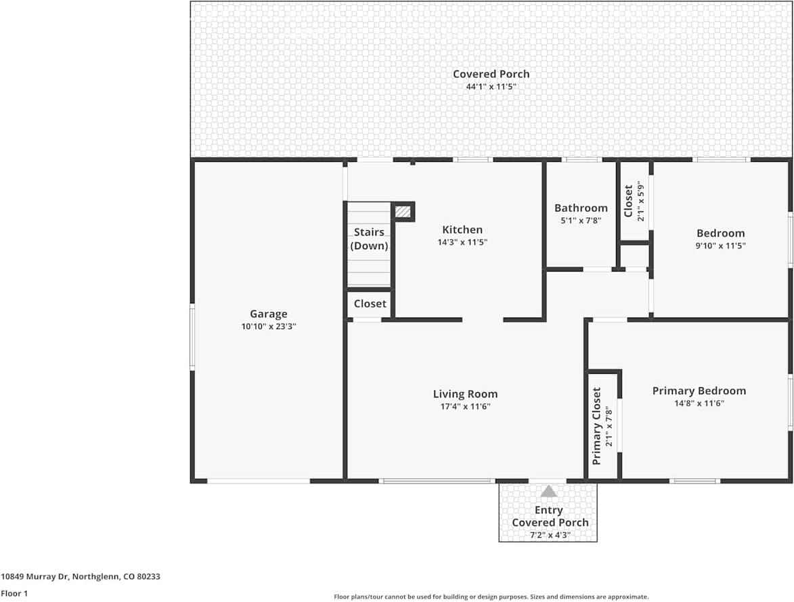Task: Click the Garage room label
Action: pos(269,314)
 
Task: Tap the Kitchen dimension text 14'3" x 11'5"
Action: pos(462,242)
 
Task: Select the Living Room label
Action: pos(465,394)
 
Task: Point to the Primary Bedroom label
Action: pos(699,391)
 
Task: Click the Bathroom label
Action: pos(581,208)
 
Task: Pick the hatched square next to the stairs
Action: pos(403,212)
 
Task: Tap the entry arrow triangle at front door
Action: pos(548,492)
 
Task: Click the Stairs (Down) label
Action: pos(369,239)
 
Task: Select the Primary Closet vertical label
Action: pos(597,426)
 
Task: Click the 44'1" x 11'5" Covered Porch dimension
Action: pos(491,87)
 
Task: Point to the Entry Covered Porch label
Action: pos(549,516)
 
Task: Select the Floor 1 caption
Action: pos(14,593)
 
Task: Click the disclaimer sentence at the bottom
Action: pos(491,597)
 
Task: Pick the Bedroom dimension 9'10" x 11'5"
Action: pos(720,246)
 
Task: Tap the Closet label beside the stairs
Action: pos(370,303)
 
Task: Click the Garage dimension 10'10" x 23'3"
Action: pos(269,326)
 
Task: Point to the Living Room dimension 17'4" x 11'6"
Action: pos(465,406)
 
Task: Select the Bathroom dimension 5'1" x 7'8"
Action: pos(581,220)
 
